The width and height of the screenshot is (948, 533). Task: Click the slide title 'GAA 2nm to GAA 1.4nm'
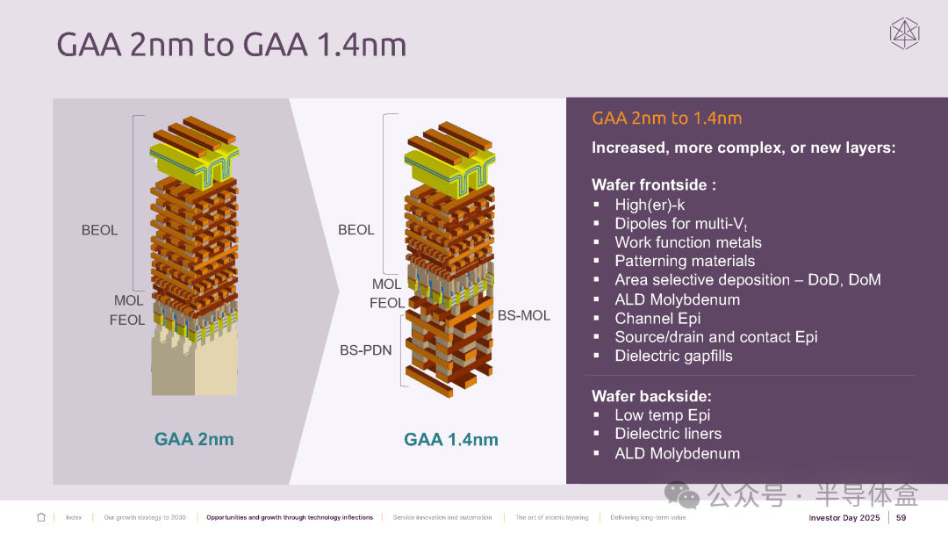[x=232, y=45]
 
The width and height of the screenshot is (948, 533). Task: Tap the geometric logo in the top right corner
[x=904, y=33]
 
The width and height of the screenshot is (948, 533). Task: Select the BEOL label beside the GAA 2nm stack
[x=100, y=231]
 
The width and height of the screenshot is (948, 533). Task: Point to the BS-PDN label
[x=366, y=350]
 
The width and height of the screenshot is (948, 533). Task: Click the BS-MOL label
[x=523, y=315]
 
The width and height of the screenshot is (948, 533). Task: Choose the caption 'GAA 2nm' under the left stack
[x=194, y=439]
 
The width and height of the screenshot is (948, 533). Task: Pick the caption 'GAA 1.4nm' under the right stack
[x=451, y=439]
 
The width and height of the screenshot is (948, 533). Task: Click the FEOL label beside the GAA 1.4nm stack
[x=387, y=303]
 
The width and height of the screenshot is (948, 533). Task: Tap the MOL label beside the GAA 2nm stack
[x=129, y=300]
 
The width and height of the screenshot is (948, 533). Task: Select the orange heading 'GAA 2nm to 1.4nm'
[x=666, y=118]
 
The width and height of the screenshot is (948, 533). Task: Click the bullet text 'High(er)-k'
[x=650, y=205]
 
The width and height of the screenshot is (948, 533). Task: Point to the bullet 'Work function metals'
[x=688, y=242]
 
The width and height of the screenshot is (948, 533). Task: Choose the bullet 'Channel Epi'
[x=657, y=318]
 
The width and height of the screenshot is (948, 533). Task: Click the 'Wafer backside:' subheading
[x=651, y=396]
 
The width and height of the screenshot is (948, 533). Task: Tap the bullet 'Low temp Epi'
[x=662, y=415]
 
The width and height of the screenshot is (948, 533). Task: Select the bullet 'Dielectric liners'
[x=668, y=434]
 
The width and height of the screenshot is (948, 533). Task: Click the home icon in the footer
[x=41, y=517]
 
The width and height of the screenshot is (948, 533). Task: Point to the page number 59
[x=901, y=518]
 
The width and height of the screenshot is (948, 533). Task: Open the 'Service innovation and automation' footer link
[x=442, y=518]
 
